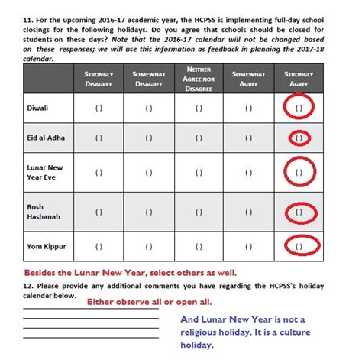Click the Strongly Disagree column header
[x=99, y=79]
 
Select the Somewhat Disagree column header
[x=148, y=79]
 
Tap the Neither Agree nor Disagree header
[x=199, y=79]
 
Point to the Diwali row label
[x=37, y=109]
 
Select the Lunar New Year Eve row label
[x=47, y=173]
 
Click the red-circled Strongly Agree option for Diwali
[x=299, y=109]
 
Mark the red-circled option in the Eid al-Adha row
[x=299, y=138]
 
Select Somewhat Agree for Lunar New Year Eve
[x=249, y=173]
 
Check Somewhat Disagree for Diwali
[x=148, y=109]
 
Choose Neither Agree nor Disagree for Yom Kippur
[x=199, y=246]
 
